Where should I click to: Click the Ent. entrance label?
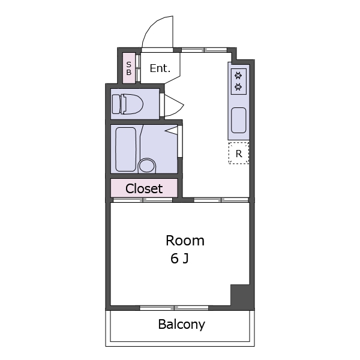coord(160,68)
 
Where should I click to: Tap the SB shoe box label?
coord(129,68)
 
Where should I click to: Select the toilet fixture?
coord(127,104)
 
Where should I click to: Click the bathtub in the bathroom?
coord(125,149)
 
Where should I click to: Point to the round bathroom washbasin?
coord(147,166)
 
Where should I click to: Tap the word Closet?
coord(144,188)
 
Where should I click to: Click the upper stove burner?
coord(239,76)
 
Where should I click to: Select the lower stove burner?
coord(239,87)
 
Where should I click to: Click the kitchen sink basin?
coord(239,121)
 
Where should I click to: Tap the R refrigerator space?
coord(239,153)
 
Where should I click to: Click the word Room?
coord(185,241)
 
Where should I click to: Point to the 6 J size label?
coord(179,258)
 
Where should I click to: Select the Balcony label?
coord(181,325)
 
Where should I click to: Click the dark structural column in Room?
coord(242,295)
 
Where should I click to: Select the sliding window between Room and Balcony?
coord(174,308)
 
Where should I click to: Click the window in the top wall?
coord(205,50)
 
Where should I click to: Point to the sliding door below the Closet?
coord(143,200)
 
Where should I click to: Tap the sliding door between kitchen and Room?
coord(221,200)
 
